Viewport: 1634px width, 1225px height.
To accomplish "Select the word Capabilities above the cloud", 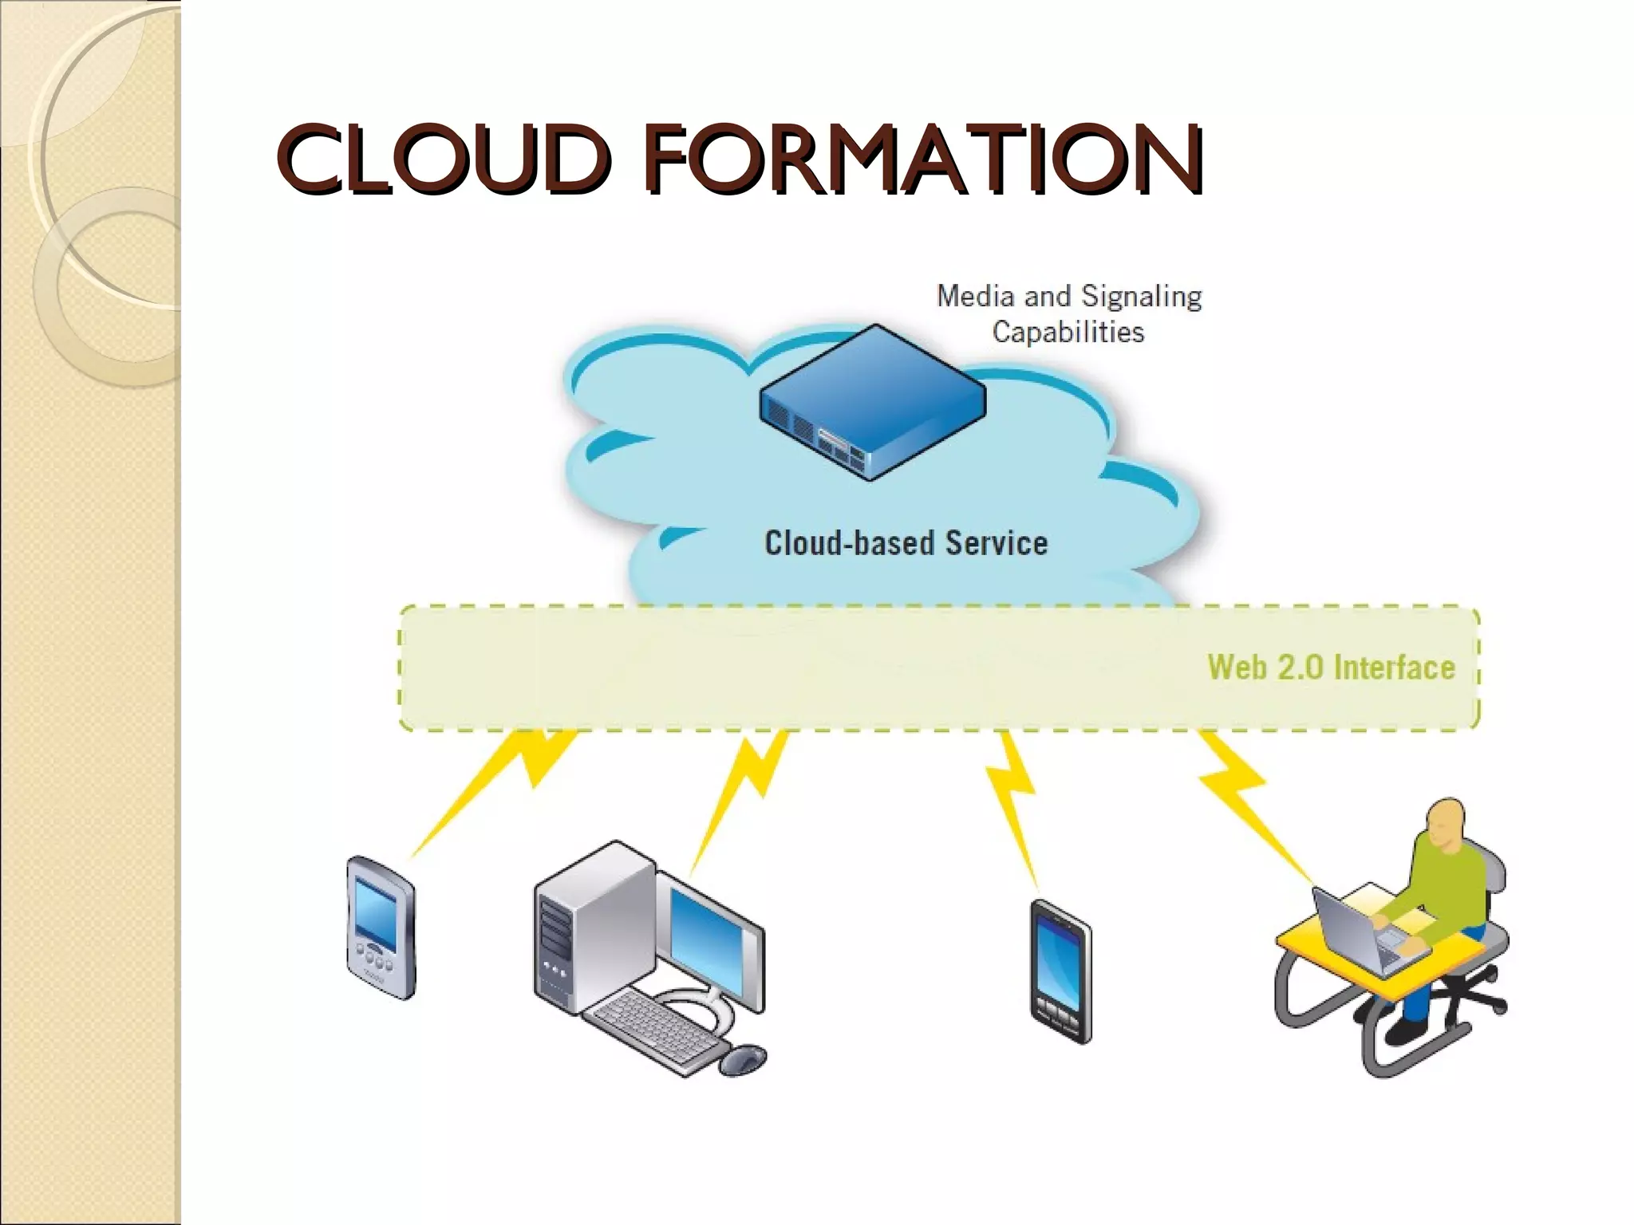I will pos(1068,333).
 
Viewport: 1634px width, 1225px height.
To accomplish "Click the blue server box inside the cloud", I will pos(872,403).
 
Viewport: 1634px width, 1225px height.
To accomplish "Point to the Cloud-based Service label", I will pos(906,543).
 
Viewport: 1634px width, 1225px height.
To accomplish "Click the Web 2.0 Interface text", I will pos(1330,668).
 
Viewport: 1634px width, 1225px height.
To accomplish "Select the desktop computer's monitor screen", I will pos(712,937).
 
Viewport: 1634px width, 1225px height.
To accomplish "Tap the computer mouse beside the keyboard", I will pos(742,1060).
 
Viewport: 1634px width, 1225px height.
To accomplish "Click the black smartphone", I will pos(1060,971).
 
